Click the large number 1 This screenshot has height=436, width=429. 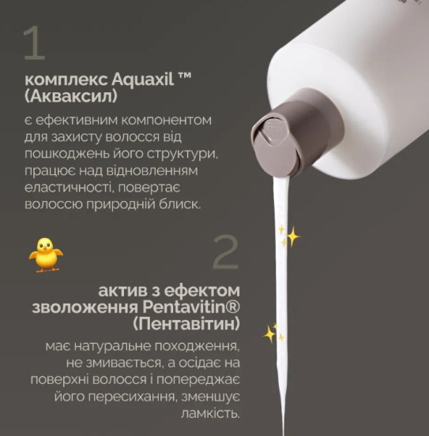[x=34, y=43]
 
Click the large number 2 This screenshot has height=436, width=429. [x=226, y=252]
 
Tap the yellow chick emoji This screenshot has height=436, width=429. [x=46, y=255]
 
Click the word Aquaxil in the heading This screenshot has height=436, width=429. [x=143, y=80]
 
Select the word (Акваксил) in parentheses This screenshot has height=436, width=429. [x=71, y=96]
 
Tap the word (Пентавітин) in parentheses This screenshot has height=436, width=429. [x=186, y=324]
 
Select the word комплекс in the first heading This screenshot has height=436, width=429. [x=66, y=80]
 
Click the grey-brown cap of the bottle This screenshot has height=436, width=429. [x=297, y=132]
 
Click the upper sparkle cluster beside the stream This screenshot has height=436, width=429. [x=290, y=236]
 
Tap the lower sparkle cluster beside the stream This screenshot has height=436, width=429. [x=273, y=334]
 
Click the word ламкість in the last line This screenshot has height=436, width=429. [x=210, y=413]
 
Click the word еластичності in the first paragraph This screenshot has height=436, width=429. [x=70, y=188]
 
